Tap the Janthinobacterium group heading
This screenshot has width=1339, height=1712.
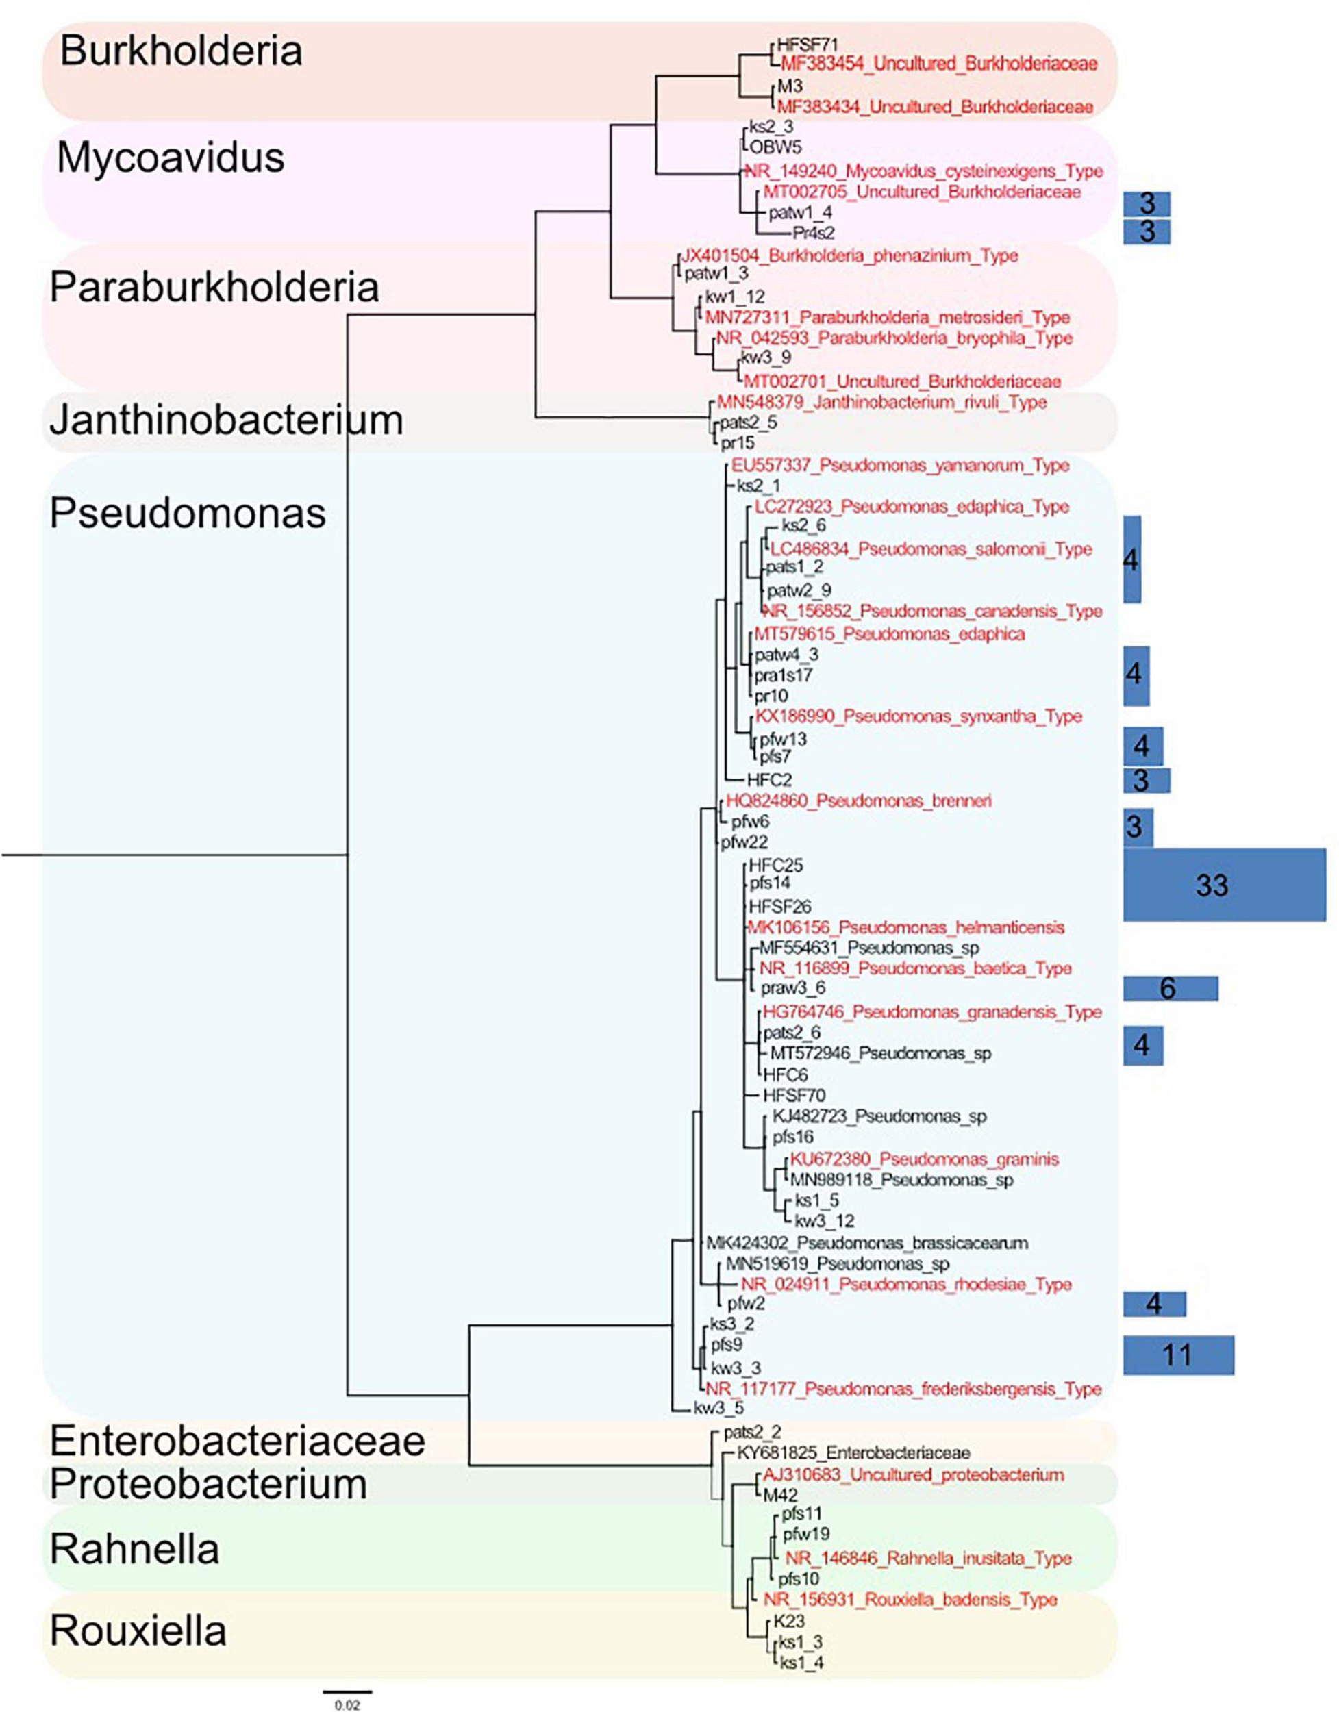pyautogui.click(x=226, y=420)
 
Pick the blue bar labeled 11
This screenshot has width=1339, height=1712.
pyautogui.click(x=1177, y=1355)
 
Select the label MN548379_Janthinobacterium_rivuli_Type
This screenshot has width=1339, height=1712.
pyautogui.click(x=881, y=402)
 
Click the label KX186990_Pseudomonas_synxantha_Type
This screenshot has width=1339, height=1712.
pyautogui.click(x=918, y=716)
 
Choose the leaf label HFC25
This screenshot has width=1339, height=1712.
pyautogui.click(x=775, y=866)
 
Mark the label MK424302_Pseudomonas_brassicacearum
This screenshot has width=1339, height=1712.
pyautogui.click(x=866, y=1242)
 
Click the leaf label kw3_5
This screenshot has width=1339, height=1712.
pyautogui.click(x=718, y=1409)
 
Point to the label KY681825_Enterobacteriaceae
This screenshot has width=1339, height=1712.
pyautogui.click(x=853, y=1452)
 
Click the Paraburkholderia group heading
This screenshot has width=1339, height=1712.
pyautogui.click(x=214, y=288)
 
